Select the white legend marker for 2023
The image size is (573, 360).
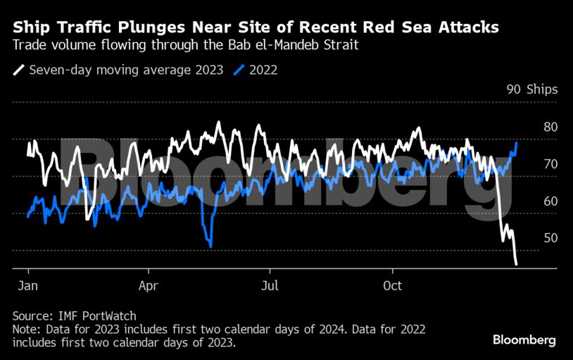(19, 70)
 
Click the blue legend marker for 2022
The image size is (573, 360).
(239, 70)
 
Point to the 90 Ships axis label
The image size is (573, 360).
(531, 89)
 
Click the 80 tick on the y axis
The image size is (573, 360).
(550, 128)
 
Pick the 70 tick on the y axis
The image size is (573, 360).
(550, 164)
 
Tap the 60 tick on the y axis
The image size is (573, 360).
(550, 201)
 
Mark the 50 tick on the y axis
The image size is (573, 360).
(550, 238)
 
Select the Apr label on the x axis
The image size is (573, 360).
(149, 286)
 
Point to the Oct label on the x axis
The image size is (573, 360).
(392, 286)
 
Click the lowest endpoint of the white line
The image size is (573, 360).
(517, 264)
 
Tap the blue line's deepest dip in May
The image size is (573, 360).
(211, 246)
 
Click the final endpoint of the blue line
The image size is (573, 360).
(517, 143)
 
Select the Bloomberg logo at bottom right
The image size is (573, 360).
(524, 340)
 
